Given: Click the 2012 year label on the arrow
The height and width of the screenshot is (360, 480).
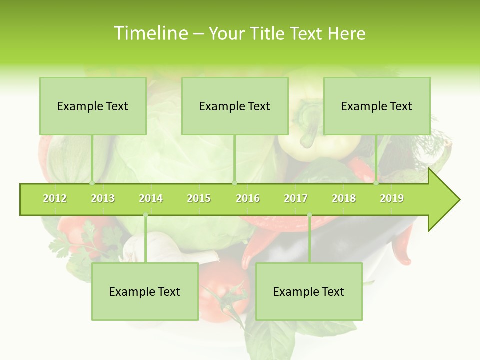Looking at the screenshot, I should tap(55, 198).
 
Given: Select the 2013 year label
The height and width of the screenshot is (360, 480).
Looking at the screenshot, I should tap(103, 198).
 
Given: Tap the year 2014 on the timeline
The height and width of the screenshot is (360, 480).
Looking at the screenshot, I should tap(151, 198).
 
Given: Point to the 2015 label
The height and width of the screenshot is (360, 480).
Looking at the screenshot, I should tap(199, 198).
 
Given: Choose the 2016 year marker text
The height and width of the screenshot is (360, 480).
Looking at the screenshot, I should tap(248, 198).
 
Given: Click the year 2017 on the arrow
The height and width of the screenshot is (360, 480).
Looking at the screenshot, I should tap(296, 198).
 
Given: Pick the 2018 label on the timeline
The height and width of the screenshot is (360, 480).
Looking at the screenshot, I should tap(344, 198).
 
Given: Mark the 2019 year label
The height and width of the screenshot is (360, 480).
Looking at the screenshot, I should tap(392, 198).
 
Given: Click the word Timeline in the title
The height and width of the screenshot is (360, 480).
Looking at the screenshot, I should tap(150, 33).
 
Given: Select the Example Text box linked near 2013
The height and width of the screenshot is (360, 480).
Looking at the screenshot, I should tap(93, 106).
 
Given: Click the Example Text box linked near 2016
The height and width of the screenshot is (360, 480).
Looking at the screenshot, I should tap(235, 106).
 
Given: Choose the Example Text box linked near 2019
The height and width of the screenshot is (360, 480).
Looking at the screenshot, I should tap(377, 106).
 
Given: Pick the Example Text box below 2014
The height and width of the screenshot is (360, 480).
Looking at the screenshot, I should tap(145, 291).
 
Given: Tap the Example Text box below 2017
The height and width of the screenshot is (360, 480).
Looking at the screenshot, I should tap(309, 291).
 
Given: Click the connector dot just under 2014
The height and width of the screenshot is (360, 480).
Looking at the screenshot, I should tap(145, 215).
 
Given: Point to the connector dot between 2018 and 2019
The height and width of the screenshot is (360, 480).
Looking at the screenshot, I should tap(376, 183).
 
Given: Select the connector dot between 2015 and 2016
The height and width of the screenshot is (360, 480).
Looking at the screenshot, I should tap(234, 183).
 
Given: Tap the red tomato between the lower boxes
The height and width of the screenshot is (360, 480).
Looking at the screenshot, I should tap(225, 285).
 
